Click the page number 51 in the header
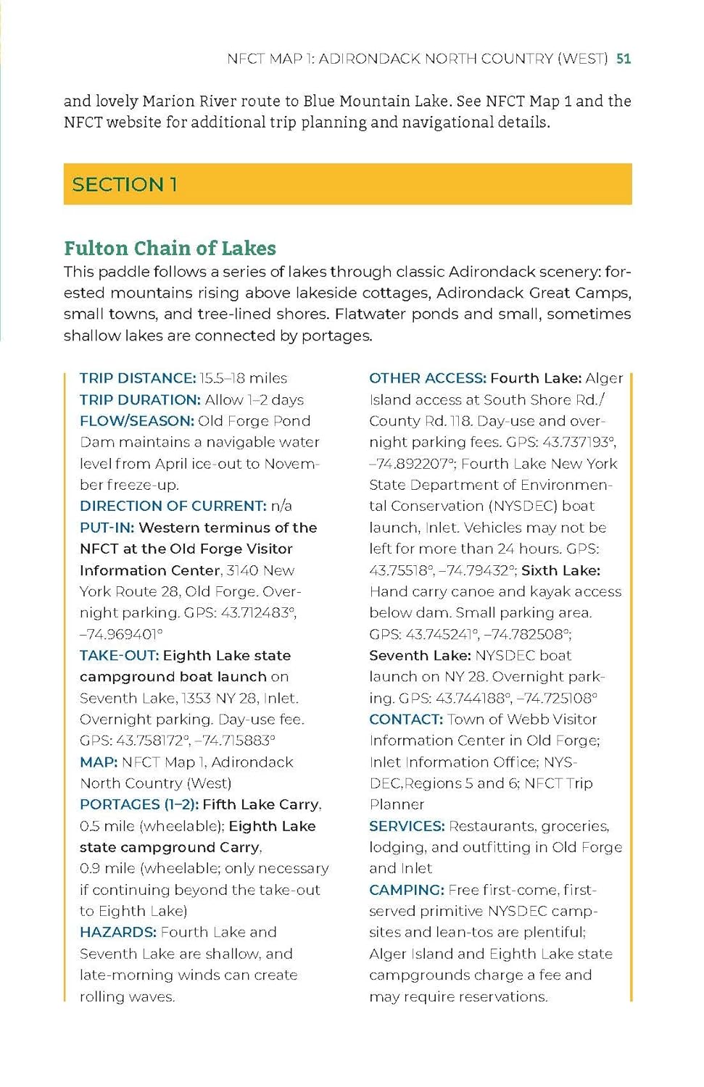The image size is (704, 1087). pos(624,59)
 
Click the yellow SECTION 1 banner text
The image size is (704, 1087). pos(125,185)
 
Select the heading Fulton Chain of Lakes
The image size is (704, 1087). pos(170,249)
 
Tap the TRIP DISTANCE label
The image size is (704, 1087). pos(138,378)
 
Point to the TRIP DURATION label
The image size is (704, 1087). pos(140,400)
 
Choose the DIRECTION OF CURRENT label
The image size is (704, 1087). pos(173,506)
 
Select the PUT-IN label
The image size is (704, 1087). pos(107,528)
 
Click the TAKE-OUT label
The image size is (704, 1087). pos(119,656)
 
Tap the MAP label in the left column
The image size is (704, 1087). pos(99,762)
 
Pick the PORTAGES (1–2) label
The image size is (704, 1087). pos(139,804)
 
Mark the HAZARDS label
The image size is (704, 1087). pos(118,933)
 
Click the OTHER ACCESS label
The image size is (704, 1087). pos(427,378)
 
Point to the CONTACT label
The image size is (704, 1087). pos(405,720)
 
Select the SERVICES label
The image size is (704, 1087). pos(407,826)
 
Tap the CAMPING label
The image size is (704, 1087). pos(406,890)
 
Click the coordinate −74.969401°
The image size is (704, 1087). pos(121,635)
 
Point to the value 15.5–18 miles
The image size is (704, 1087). pos(244,378)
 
